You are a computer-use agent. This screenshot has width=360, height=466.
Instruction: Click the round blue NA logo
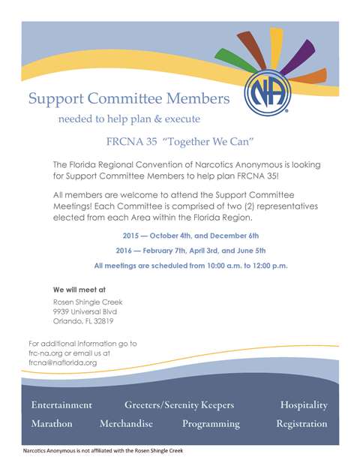pyautogui.click(x=267, y=95)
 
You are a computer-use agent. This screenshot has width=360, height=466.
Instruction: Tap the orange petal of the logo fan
pyautogui.click(x=313, y=75)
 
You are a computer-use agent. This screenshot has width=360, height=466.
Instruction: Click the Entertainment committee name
pyautogui.click(x=61, y=405)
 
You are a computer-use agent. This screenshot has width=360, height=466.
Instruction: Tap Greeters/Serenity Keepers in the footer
pyautogui.click(x=179, y=405)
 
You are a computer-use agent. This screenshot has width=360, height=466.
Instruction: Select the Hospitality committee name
pyautogui.click(x=304, y=405)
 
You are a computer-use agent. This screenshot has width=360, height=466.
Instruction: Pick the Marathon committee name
pyautogui.click(x=52, y=424)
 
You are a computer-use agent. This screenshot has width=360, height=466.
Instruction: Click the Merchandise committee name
pyautogui.click(x=126, y=424)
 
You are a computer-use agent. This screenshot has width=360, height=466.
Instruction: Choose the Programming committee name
pyautogui.click(x=211, y=424)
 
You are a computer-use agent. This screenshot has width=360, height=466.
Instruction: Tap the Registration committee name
pyautogui.click(x=301, y=424)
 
